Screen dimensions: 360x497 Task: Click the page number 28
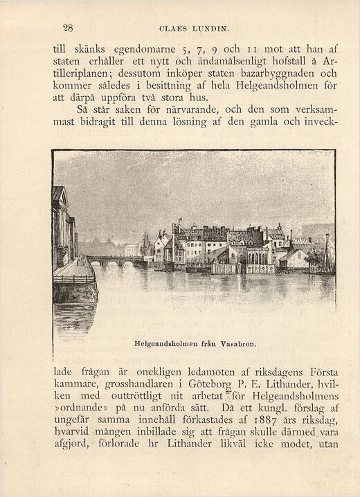[x=68, y=28]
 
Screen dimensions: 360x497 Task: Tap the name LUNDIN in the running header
[x=210, y=29]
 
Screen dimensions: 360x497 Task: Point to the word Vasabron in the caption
[x=239, y=342]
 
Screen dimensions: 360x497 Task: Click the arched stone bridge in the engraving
[x=114, y=261]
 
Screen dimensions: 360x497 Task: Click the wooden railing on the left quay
[x=73, y=278]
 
